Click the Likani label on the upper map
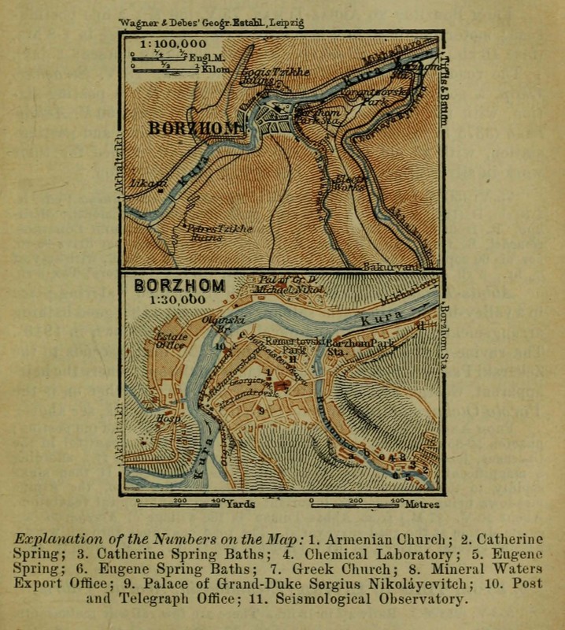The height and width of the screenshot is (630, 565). [148, 183]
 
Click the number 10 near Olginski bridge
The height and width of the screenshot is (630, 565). [220, 346]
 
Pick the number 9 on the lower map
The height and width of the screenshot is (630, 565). [259, 410]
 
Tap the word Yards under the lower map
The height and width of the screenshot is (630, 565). [241, 503]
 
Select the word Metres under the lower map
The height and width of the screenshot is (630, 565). [421, 503]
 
